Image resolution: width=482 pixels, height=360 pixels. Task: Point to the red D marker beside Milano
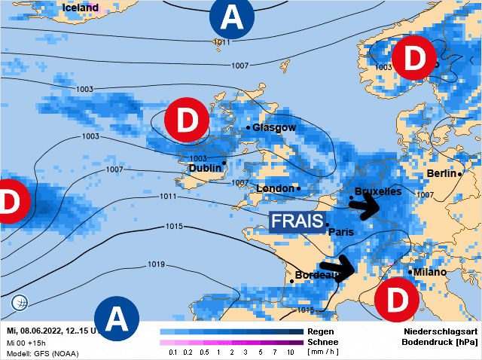point(396,300)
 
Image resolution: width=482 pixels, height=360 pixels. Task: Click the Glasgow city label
point(273,127)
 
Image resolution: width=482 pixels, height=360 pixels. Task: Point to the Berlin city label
point(441,173)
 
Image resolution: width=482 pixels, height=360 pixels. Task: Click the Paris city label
point(341,232)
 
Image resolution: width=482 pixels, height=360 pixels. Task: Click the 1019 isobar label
point(156,264)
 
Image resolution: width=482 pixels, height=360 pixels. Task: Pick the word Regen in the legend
point(320,331)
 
